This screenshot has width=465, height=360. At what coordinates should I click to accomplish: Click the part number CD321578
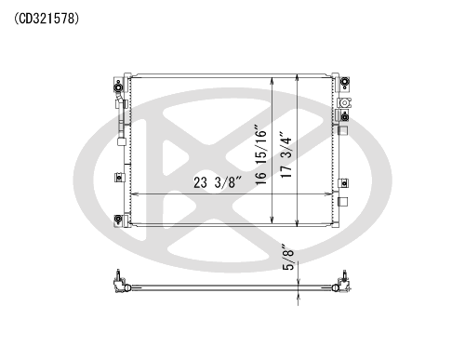[46, 19]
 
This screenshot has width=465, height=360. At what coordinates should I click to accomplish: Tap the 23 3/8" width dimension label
[218, 182]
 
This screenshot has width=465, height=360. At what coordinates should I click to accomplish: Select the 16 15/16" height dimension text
[260, 155]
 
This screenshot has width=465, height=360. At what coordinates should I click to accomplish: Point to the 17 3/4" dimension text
[286, 155]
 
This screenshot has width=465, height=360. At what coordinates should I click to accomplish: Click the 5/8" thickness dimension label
[288, 258]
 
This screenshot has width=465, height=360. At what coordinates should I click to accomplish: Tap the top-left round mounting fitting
[118, 87]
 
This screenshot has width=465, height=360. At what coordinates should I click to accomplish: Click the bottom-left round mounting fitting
[118, 219]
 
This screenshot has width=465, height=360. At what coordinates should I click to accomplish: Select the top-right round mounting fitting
[344, 82]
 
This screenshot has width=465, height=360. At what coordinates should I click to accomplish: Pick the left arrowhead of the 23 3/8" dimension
[134, 194]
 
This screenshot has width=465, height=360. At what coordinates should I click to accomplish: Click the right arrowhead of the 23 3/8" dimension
[328, 194]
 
